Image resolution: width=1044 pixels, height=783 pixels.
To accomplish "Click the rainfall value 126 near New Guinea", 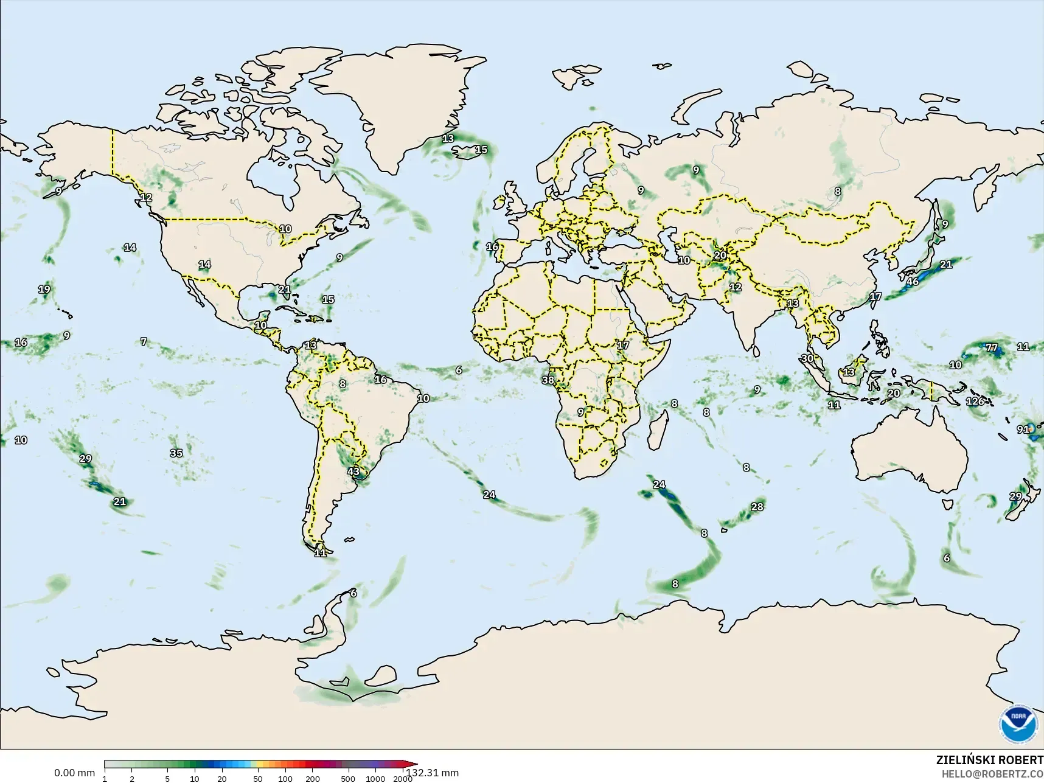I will (x=975, y=402).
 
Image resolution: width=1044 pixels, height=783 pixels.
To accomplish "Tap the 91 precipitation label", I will (x=1023, y=430).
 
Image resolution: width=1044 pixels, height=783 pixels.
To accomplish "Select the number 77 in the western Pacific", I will (x=992, y=348).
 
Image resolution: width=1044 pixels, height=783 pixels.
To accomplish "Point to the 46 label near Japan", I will (x=913, y=282).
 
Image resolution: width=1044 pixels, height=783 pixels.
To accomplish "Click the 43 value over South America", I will (x=353, y=472).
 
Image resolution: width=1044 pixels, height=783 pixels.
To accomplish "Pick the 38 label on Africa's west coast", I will (x=548, y=380).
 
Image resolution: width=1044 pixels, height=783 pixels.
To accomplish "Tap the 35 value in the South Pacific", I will (x=176, y=453).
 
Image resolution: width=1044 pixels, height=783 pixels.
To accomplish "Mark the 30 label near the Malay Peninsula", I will (x=807, y=358).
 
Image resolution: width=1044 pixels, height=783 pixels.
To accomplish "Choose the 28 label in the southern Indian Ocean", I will (x=757, y=507).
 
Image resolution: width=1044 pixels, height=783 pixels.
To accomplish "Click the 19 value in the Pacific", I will (x=44, y=290).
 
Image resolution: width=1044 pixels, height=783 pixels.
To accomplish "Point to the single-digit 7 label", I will (x=144, y=342).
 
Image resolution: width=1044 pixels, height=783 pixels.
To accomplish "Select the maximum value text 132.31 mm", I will (x=433, y=773).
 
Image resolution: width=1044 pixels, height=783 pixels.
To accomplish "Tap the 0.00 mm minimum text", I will (x=74, y=773).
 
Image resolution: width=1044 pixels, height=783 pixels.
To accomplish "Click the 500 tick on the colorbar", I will (x=347, y=779).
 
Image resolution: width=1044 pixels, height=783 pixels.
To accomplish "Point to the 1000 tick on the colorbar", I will (x=375, y=779).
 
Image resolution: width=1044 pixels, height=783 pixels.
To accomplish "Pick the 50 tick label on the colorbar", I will (x=258, y=779).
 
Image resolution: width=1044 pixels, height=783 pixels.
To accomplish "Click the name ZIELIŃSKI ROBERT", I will (x=989, y=760).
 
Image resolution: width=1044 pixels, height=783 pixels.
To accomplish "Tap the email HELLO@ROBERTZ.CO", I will (x=992, y=774).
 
